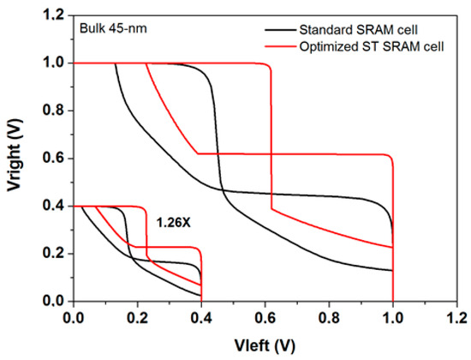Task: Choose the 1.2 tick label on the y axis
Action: pyautogui.click(x=55, y=15)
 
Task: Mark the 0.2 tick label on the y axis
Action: pyautogui.click(x=55, y=254)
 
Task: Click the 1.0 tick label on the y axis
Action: pyautogui.click(x=55, y=63)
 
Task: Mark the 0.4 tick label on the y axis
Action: pyautogui.click(x=55, y=206)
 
